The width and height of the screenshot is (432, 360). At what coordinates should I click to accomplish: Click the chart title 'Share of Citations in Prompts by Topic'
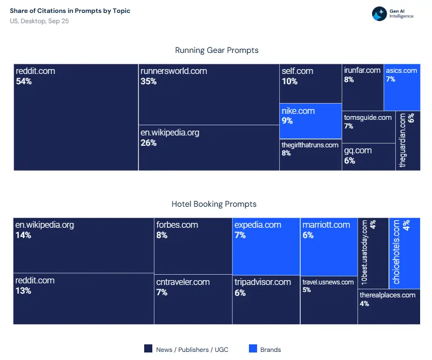point(70,11)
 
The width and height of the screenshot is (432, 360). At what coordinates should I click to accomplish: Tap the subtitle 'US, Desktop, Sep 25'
point(39,21)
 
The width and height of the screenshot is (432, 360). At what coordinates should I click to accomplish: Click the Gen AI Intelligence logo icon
point(379,14)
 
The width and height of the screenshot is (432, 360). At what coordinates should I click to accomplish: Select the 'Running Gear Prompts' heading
point(217,50)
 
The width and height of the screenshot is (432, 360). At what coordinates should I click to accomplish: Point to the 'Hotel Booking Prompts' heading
point(214,204)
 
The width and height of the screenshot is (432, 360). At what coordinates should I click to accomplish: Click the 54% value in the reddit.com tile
point(24,81)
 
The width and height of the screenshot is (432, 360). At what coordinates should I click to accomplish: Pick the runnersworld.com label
point(173,71)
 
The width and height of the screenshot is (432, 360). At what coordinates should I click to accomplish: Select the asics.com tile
point(402,87)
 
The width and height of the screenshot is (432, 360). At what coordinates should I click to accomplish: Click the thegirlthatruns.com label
point(310,145)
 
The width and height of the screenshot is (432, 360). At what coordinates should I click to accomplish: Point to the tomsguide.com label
point(368,117)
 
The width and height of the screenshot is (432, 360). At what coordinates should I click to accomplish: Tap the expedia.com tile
point(266,246)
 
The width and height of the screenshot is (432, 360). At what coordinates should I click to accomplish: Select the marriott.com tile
point(328,246)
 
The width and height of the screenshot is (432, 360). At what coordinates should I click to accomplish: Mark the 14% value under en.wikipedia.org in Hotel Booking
point(23,235)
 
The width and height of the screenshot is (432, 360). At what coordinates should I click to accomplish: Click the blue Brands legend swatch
point(253,349)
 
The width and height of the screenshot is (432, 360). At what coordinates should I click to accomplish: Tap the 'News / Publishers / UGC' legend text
point(192,350)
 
